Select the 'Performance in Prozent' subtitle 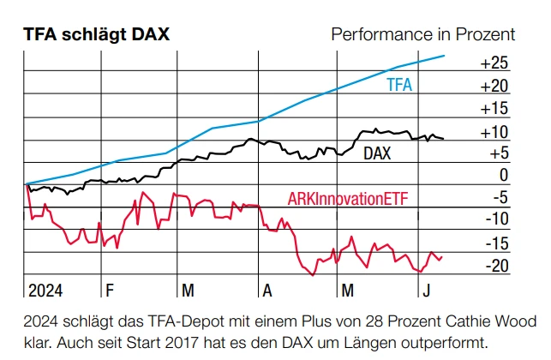(x=422, y=34)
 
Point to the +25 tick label (x=494, y=63)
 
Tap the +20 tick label (x=494, y=86)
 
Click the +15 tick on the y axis (x=494, y=109)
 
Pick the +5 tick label (x=498, y=153)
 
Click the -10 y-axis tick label (x=496, y=219)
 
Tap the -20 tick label (x=496, y=266)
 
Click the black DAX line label (x=379, y=154)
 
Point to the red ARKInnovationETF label (x=346, y=199)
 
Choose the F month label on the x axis (x=106, y=290)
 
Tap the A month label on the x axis (x=267, y=290)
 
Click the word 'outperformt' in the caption (x=437, y=343)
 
